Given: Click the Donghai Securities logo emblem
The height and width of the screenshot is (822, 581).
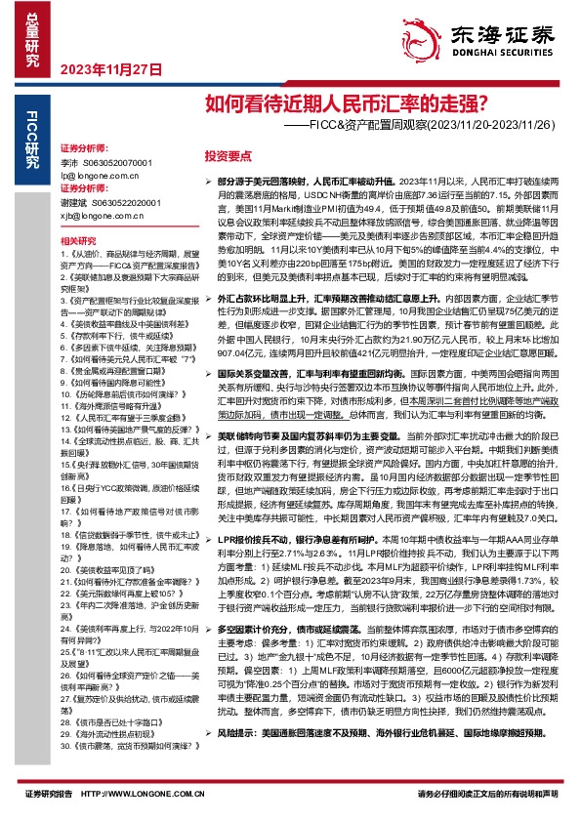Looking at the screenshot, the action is tap(426, 35).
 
